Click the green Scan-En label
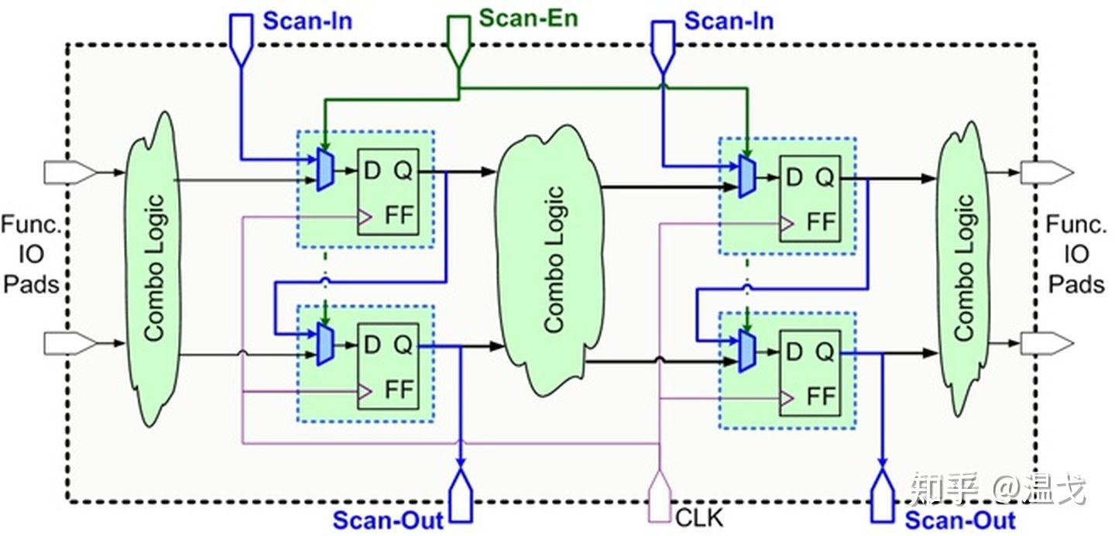528,19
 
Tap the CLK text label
699,518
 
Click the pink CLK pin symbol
660,496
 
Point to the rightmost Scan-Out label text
960,521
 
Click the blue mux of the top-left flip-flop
325,170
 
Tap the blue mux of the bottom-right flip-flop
747,351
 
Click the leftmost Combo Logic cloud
153,268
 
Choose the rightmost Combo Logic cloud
964,268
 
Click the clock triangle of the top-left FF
365,217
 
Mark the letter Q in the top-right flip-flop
825,177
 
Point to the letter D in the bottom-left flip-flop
372,345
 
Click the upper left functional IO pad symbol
70,173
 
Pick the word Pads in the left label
31,284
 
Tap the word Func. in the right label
1076,224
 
